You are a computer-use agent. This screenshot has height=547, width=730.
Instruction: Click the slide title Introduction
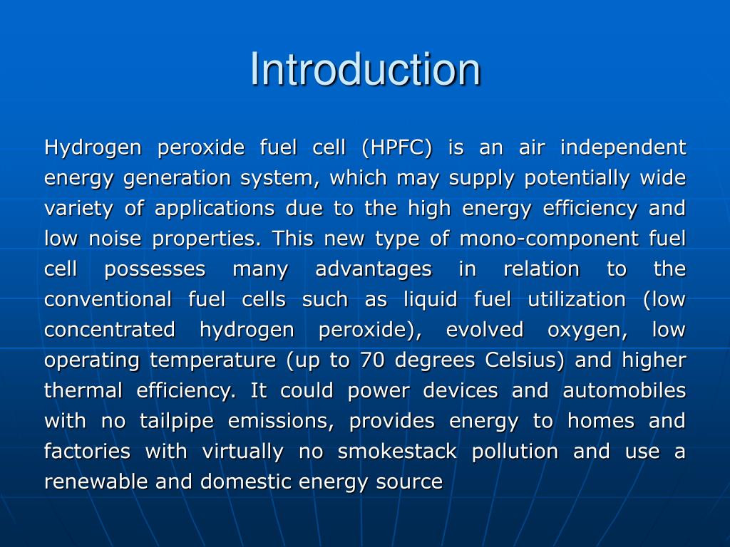point(365,69)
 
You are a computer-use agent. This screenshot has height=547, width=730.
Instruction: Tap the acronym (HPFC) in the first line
point(397,148)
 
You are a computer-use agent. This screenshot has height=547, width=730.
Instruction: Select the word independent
point(623,148)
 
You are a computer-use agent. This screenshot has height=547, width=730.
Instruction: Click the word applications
point(215,209)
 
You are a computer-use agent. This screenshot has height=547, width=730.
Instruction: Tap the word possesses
point(155,269)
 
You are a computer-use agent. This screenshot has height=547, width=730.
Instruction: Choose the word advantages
point(374,269)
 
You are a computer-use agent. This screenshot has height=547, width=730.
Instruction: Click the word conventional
point(108,299)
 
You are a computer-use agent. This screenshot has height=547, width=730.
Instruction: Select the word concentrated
point(109,330)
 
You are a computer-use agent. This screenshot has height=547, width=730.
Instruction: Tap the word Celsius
point(524,360)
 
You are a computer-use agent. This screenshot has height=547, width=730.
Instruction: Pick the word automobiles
point(624,390)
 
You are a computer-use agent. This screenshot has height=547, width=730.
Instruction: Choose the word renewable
point(96,482)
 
